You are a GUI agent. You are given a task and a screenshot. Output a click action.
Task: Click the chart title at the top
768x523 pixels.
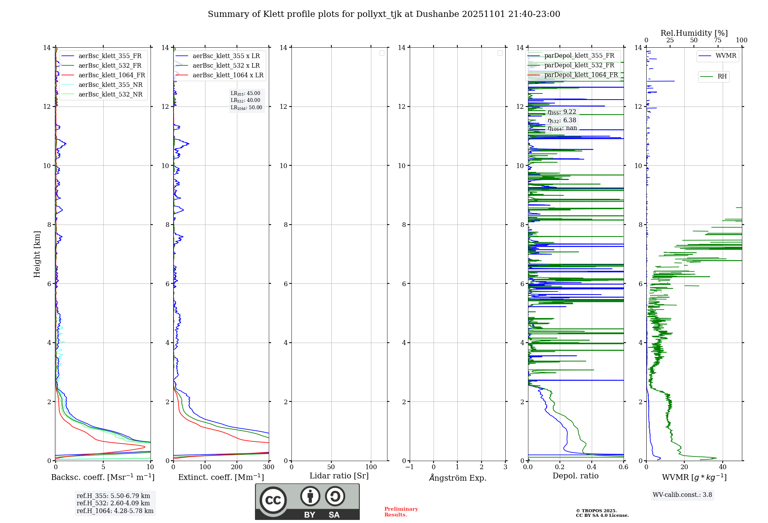coord(384,14)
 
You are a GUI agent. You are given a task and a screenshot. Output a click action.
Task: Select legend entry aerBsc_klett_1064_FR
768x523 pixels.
coord(111,75)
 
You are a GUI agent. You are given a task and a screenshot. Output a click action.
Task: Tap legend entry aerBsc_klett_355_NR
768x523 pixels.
coord(110,85)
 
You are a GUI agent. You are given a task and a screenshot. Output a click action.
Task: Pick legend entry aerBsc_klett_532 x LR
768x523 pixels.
coord(226,65)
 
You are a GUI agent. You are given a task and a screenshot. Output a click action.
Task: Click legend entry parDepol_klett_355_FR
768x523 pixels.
coord(579,55)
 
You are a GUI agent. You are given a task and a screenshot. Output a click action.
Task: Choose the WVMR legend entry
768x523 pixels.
coord(726,56)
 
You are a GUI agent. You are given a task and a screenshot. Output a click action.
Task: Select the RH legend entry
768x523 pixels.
coord(722,76)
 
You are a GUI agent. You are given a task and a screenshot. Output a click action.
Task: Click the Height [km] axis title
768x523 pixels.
coord(37,254)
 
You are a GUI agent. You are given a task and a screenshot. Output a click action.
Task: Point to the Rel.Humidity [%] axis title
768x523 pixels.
coord(694,33)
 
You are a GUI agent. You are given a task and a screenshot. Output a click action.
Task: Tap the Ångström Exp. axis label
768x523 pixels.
coord(458,478)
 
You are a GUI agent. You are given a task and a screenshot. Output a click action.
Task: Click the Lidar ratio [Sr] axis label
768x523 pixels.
coord(339,476)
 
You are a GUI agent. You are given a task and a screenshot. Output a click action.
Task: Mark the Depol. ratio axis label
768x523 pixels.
coord(575,476)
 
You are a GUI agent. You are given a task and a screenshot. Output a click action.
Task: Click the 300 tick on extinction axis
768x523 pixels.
coord(268,467)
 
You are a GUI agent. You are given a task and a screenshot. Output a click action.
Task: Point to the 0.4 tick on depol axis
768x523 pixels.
coord(591,467)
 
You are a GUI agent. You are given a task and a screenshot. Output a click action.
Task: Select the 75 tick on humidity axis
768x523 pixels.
coord(717,40)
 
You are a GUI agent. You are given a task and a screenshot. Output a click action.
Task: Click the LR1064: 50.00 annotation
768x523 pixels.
coord(246,108)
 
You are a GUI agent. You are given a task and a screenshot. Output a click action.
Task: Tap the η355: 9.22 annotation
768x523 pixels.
coord(562,112)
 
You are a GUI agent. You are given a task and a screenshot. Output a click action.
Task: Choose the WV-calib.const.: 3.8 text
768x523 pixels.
coord(682,495)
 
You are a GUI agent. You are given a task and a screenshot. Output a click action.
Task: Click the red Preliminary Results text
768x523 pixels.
coord(401,511)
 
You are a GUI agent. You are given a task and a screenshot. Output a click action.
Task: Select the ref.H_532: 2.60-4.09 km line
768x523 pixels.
coord(113,503)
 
